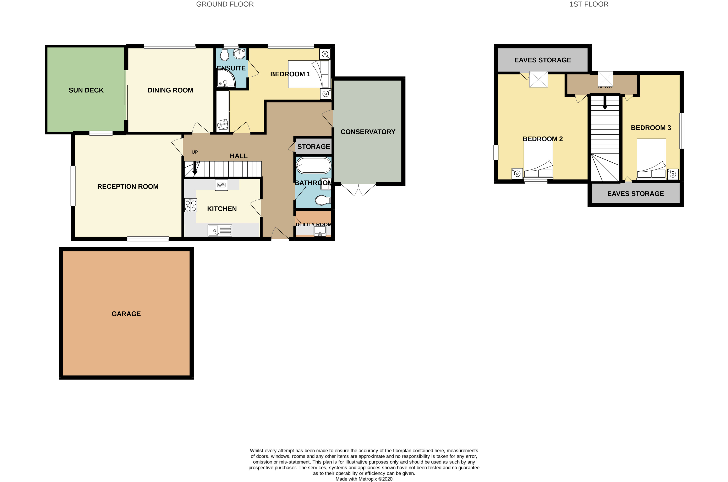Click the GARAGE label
click(126, 314)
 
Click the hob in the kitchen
click(191, 205)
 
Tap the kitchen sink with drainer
click(220, 230)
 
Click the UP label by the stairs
click(195, 152)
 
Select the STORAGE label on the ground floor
click(314, 147)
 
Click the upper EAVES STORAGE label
click(543, 60)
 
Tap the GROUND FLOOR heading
click(225, 4)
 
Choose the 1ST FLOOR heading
click(589, 4)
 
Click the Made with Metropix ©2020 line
click(364, 479)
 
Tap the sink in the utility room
click(320, 231)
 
